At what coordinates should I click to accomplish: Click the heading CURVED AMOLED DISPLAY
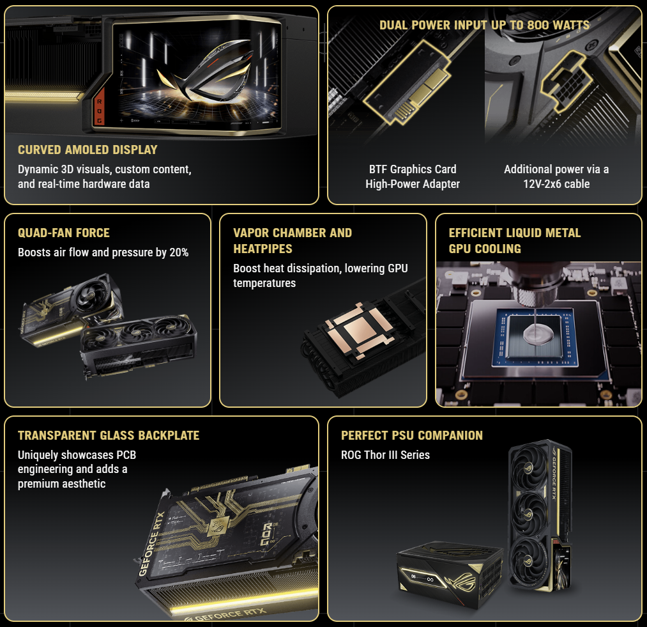[x=88, y=150]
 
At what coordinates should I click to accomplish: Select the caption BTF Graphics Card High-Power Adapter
[x=413, y=176]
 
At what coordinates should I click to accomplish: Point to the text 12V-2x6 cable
[x=556, y=184]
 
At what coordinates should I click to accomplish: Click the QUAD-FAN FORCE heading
[x=63, y=233]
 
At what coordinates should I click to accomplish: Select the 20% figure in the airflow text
[x=179, y=252]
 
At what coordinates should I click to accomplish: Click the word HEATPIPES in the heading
[x=263, y=249]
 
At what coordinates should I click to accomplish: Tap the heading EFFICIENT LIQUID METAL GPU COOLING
[x=515, y=241]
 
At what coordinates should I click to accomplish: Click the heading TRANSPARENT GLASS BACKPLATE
[x=109, y=435]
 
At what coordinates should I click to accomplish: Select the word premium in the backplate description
[x=39, y=484]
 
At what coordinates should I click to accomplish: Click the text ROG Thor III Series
[x=385, y=455]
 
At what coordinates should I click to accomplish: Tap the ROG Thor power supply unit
[x=450, y=574]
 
